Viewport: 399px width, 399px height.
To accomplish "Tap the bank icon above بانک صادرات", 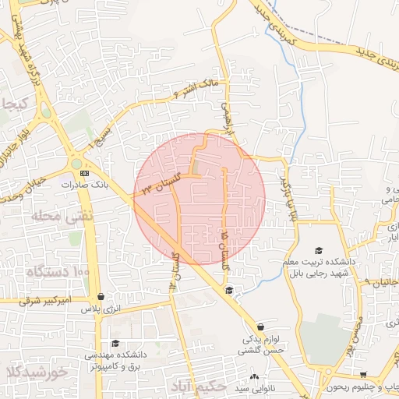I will click(85, 173).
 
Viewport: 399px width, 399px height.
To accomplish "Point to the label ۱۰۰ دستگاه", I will click(58, 271).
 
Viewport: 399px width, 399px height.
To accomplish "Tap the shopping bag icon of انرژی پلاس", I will click(101, 297).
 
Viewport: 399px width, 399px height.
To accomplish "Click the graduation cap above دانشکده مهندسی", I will click(115, 343).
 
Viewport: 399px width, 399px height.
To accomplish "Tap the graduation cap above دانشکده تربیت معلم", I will click(319, 249).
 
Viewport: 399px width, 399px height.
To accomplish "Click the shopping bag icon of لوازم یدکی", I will click(260, 327).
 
